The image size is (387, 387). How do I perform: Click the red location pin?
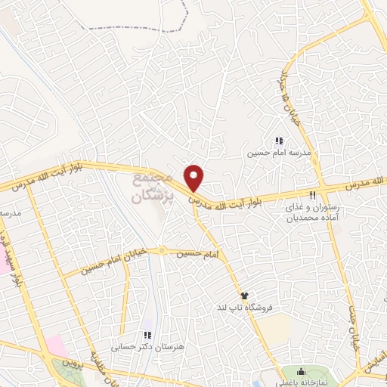click(194, 178)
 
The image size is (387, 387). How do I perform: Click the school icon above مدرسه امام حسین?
click(279, 141)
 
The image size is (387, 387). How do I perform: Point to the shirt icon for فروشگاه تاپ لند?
click(244, 296)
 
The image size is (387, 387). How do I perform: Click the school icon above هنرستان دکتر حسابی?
click(148, 334)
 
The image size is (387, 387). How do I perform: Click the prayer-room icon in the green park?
click(301, 371)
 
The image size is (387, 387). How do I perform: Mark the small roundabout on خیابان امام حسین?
click(161, 252)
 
